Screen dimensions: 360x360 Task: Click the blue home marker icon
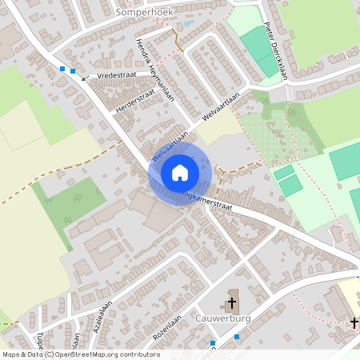(180, 173)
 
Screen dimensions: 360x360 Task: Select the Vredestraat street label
(117, 74)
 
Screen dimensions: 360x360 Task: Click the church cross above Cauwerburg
(232, 303)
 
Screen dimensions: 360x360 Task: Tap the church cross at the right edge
(354, 322)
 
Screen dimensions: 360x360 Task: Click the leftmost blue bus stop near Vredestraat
(62, 70)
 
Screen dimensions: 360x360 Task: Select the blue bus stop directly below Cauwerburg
(214, 342)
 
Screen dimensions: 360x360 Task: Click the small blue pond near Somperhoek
(188, 24)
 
